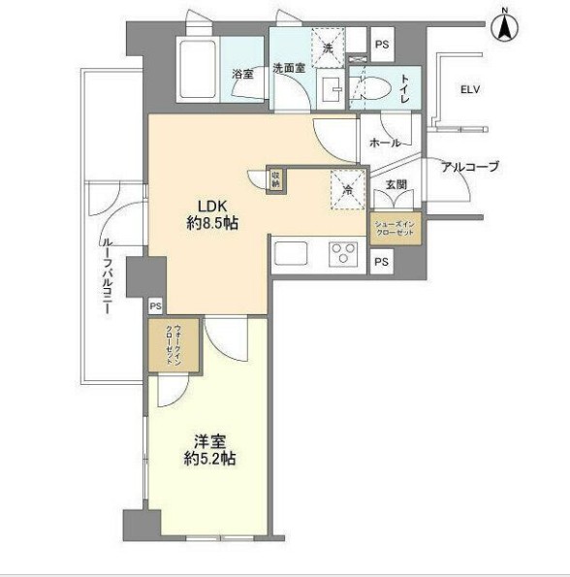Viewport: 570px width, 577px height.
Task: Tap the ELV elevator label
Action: tap(470, 90)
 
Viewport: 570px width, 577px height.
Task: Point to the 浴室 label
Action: tap(242, 74)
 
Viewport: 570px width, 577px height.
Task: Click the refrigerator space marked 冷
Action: tap(344, 189)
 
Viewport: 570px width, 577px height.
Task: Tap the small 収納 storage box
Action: tap(275, 178)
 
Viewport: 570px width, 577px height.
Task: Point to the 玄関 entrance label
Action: tap(396, 183)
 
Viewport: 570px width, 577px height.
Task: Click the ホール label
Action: tap(385, 143)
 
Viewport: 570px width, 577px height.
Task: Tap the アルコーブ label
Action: tap(469, 167)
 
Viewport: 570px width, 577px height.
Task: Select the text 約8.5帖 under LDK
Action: tap(212, 224)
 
